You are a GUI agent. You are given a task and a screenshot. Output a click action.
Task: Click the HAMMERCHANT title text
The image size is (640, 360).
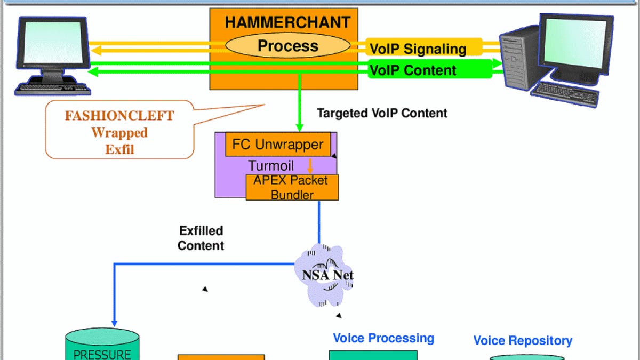pyautogui.click(x=287, y=22)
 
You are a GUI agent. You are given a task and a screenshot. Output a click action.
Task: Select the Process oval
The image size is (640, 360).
pyautogui.click(x=287, y=46)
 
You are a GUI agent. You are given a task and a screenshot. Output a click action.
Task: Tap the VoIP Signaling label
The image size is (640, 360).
pyautogui.click(x=418, y=49)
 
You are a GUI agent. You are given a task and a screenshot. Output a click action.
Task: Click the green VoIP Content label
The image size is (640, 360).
pyautogui.click(x=413, y=70)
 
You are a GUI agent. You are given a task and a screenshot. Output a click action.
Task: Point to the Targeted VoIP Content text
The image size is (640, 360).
pyautogui.click(x=382, y=113)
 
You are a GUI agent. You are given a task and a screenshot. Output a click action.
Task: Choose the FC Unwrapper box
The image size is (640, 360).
pyautogui.click(x=278, y=145)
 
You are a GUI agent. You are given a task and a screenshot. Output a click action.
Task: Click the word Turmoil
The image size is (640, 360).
pyautogui.click(x=271, y=165)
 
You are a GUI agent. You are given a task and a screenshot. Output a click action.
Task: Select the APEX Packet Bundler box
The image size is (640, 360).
pyautogui.click(x=292, y=187)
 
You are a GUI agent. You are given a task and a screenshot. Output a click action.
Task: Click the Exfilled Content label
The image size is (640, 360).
pyautogui.click(x=201, y=238)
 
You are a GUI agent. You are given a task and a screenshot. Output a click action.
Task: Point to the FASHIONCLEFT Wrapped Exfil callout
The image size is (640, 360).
pyautogui.click(x=119, y=132)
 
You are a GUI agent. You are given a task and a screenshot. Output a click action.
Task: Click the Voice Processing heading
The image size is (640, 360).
pyautogui.click(x=383, y=338)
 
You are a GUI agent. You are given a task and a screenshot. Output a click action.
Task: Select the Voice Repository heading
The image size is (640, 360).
pyautogui.click(x=523, y=340)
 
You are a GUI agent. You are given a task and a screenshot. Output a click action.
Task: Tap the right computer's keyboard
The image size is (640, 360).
pyautogui.click(x=565, y=94)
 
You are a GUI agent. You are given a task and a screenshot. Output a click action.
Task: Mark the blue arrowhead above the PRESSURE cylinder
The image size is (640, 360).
pyautogui.click(x=114, y=322)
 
